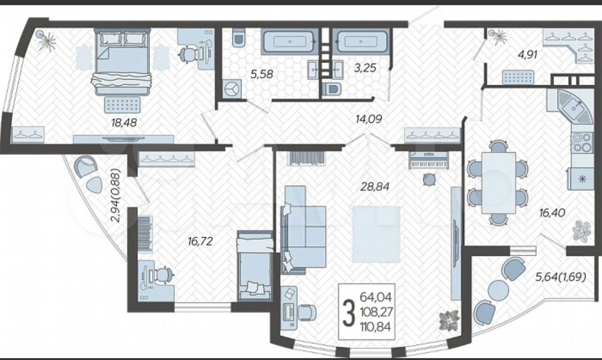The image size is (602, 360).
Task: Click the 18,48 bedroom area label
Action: (124, 123)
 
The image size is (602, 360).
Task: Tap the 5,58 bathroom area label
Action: (262, 74)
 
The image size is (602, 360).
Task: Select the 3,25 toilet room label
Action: (365, 68)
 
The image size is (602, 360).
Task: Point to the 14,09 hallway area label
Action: (369, 118)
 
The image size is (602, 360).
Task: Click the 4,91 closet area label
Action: (527, 55)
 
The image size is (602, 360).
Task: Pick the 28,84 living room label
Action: (375, 186)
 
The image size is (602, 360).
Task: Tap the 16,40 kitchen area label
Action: (552, 213)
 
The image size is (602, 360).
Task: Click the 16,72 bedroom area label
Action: (200, 241)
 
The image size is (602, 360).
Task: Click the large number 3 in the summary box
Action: (349, 313)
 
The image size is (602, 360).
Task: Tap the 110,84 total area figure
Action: (376, 327)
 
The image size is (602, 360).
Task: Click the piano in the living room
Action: (428, 160)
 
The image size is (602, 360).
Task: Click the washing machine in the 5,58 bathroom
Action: (231, 89)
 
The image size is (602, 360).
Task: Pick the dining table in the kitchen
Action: (499, 183)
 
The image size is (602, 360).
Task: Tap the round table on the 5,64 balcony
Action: (498, 290)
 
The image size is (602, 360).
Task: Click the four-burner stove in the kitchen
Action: (583, 143)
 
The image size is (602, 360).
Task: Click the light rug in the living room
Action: (377, 234)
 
